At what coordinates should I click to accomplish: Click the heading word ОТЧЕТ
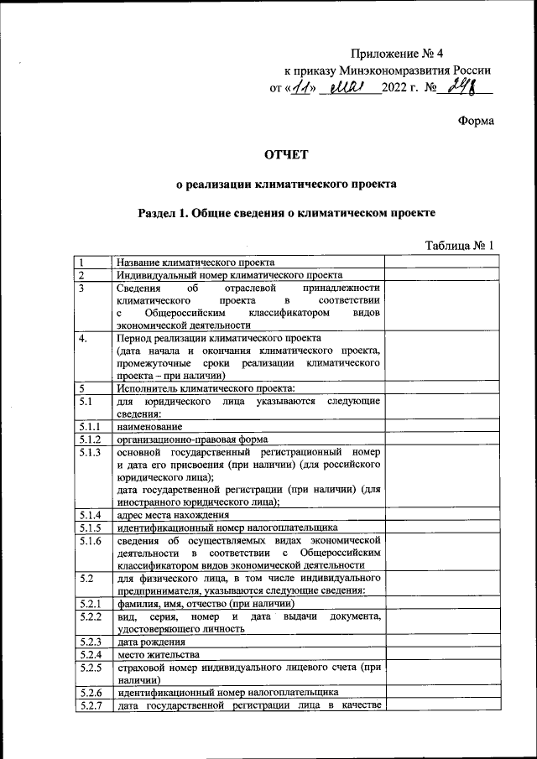[286, 153]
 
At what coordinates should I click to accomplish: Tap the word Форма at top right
[474, 120]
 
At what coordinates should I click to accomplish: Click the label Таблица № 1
[462, 246]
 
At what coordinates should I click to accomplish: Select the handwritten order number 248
[461, 86]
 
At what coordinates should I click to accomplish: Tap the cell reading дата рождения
[146, 642]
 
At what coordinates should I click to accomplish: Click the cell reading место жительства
[158, 654]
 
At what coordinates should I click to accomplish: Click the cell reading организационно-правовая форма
[192, 439]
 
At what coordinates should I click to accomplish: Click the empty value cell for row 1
[441, 262]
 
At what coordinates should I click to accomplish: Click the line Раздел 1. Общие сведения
[286, 213]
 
